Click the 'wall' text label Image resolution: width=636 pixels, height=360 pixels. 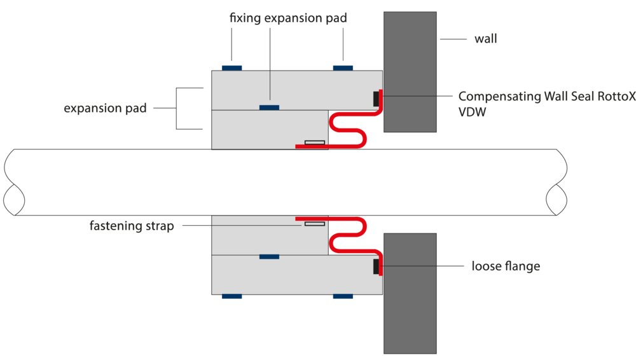click(485, 39)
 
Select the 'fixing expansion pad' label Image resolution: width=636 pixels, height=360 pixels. click(288, 18)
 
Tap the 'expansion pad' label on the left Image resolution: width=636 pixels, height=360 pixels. click(105, 108)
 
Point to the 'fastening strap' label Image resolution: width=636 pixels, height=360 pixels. click(132, 225)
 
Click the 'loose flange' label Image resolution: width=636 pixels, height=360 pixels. click(506, 266)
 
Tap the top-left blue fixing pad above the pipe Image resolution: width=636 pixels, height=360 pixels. click(231, 67)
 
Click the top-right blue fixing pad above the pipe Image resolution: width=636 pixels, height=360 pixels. click(343, 67)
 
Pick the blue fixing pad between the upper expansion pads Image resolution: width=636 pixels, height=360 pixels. click(269, 107)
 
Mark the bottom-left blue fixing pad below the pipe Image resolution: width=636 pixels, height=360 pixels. click(232, 296)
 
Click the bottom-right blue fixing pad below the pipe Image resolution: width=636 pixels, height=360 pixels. click(343, 296)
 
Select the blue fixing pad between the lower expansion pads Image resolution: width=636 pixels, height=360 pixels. click(269, 256)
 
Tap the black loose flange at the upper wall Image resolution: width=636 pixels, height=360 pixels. click(376, 98)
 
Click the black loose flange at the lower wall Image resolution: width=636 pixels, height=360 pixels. click(376, 266)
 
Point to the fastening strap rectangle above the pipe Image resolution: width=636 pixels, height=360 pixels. click(314, 142)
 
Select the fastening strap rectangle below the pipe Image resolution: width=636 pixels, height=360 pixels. click(314, 223)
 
